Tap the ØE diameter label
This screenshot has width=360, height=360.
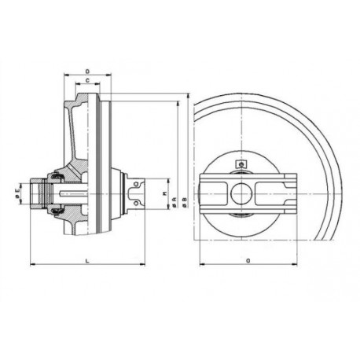[x=18, y=190]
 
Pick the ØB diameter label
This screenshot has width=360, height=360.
[x=184, y=200]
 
